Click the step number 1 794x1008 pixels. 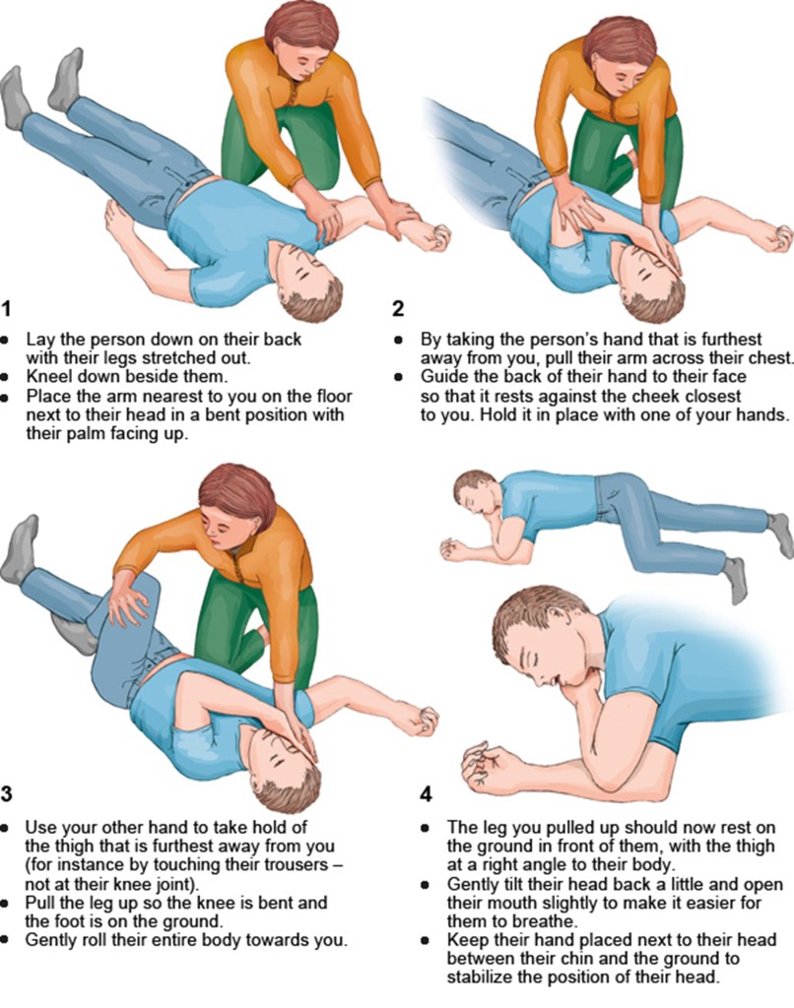point(7,309)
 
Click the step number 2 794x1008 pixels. point(398,309)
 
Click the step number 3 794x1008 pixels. point(7,794)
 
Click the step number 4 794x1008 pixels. point(426,794)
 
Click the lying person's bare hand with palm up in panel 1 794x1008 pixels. point(121,222)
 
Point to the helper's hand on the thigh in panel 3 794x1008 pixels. point(131,603)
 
